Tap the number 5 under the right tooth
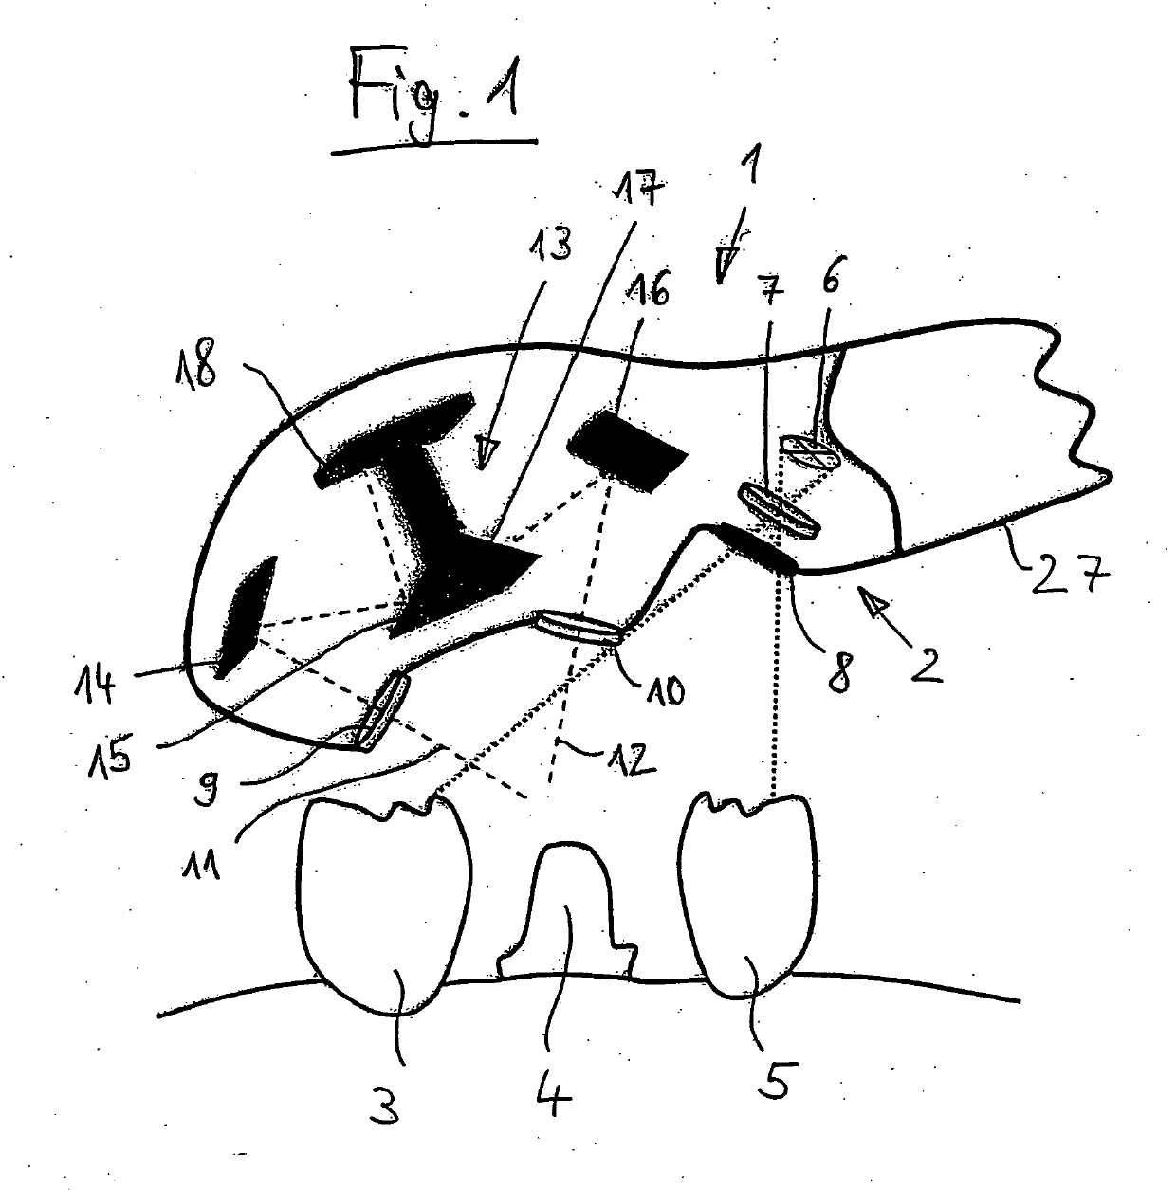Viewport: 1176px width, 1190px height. tap(774, 1080)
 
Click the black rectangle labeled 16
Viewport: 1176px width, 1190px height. tap(627, 450)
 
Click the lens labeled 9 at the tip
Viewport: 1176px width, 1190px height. tap(382, 710)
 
